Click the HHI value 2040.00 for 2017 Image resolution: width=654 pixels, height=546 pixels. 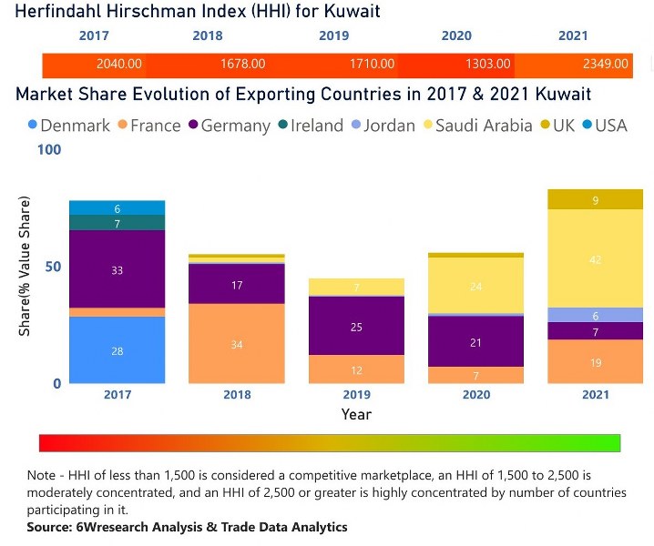click(118, 64)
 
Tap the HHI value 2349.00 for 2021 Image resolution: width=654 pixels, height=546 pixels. click(605, 64)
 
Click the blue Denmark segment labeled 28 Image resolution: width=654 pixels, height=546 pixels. click(118, 350)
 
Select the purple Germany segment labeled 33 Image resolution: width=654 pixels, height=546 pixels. click(118, 269)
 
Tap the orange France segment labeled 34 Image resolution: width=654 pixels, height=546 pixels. click(236, 344)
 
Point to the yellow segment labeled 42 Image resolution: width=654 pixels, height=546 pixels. click(595, 258)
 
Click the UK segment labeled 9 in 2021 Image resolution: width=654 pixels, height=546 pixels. click(595, 200)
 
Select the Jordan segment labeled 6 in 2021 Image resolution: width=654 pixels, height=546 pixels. click(595, 315)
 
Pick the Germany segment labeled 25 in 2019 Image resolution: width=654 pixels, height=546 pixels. click(356, 326)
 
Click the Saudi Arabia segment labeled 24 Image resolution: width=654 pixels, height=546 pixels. click(475, 286)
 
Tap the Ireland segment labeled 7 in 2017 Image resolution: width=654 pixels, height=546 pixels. click(118, 223)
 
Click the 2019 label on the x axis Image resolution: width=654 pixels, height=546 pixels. click(356, 395)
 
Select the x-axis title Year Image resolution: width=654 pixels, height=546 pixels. click(356, 414)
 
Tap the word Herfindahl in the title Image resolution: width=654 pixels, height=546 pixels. click(60, 11)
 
